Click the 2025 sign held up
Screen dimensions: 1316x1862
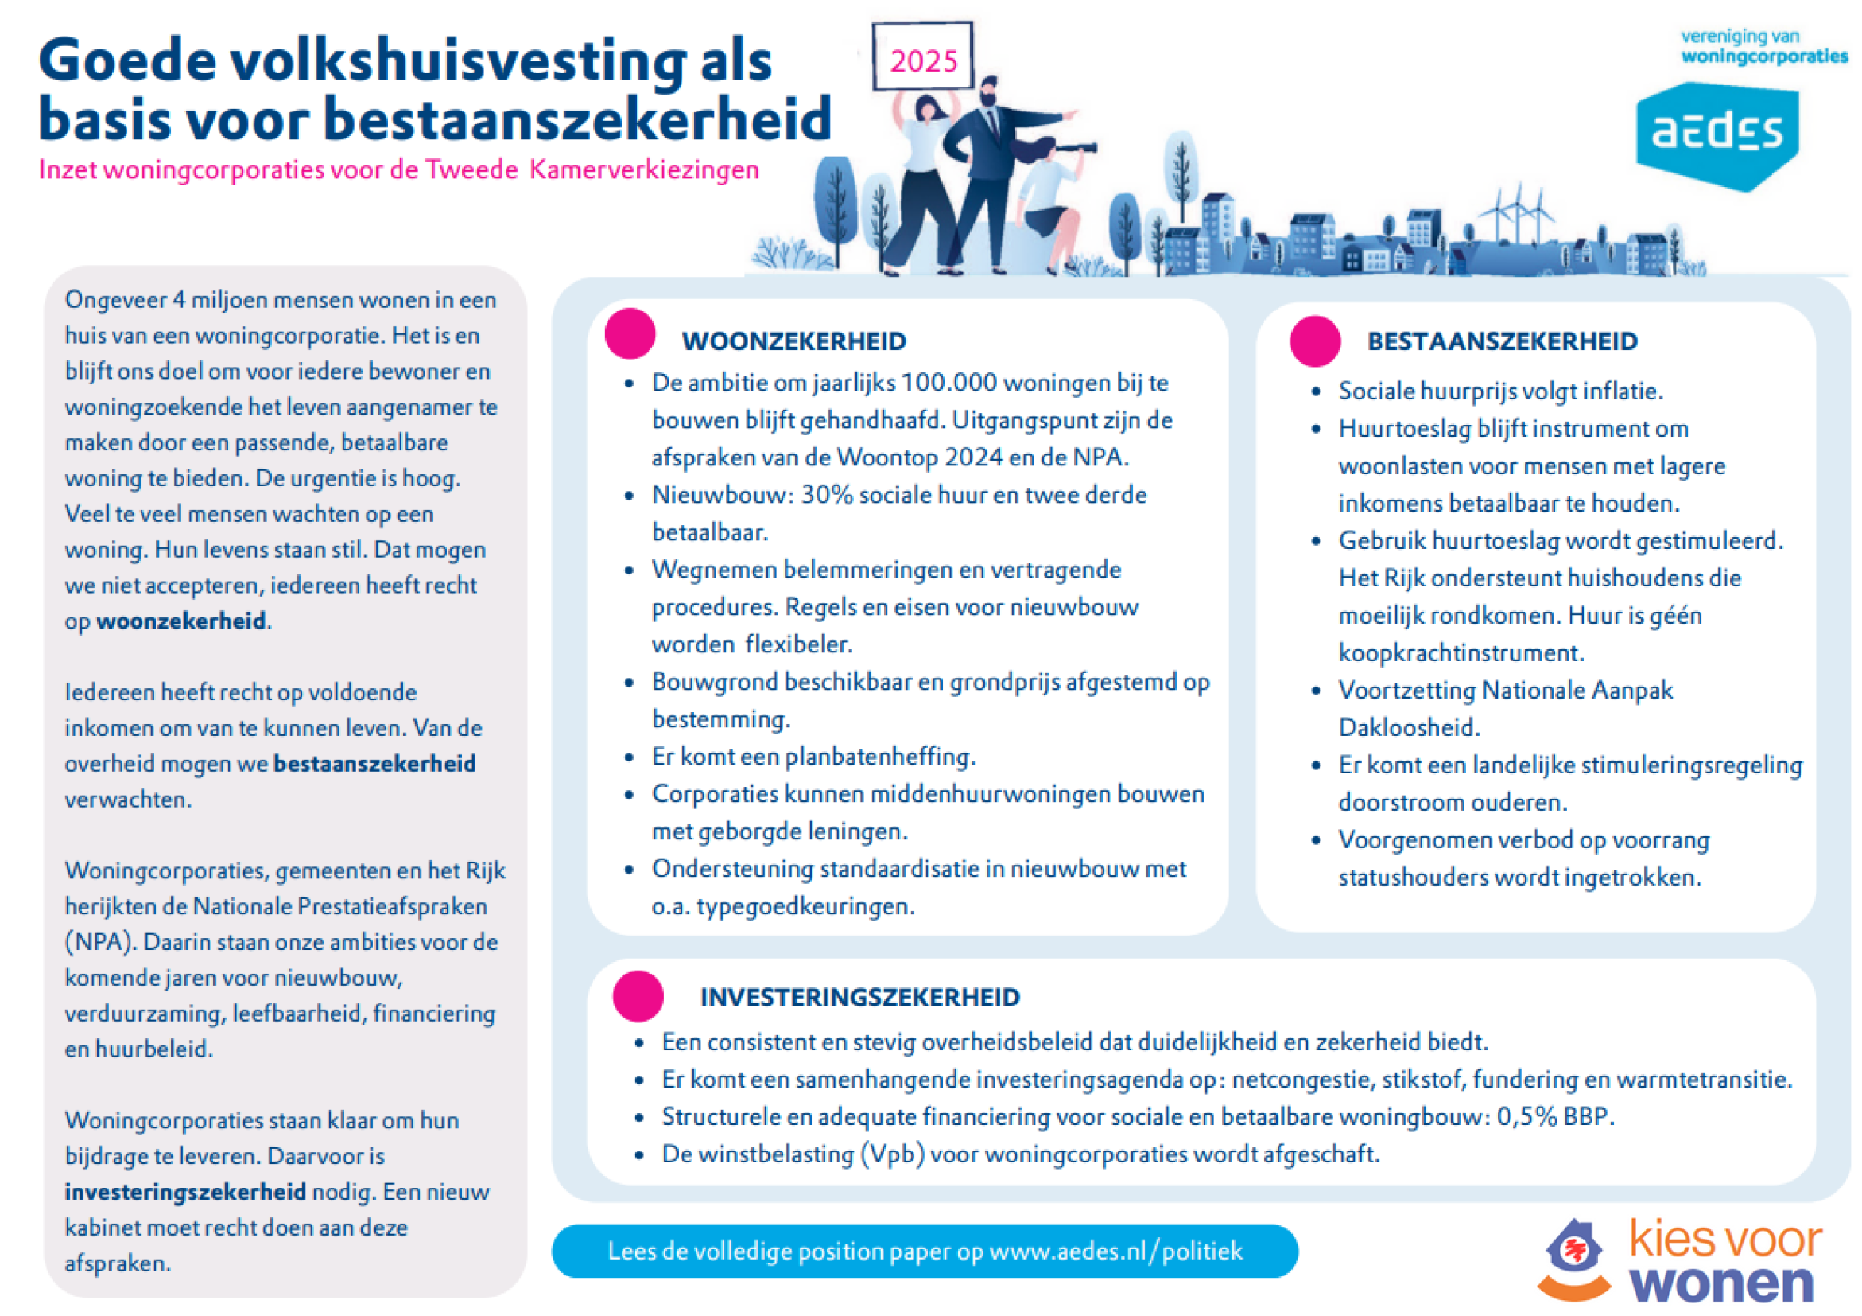tap(922, 56)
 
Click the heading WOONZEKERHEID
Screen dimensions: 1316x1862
tap(794, 341)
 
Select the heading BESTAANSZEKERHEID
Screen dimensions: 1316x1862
tap(1502, 341)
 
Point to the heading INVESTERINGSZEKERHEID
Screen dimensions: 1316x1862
tap(859, 997)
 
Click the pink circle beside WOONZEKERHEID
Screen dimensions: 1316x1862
tap(630, 333)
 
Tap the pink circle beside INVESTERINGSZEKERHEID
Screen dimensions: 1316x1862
tap(638, 995)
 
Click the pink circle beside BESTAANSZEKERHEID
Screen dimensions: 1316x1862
tap(1314, 341)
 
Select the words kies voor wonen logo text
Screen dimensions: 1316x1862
tap(1724, 1262)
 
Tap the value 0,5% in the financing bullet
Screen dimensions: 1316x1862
tap(1526, 1117)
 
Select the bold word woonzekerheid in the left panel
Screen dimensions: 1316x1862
tap(180, 621)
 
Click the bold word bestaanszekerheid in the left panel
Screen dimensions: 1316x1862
tap(374, 765)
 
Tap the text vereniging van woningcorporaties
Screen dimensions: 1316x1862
tap(1762, 46)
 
